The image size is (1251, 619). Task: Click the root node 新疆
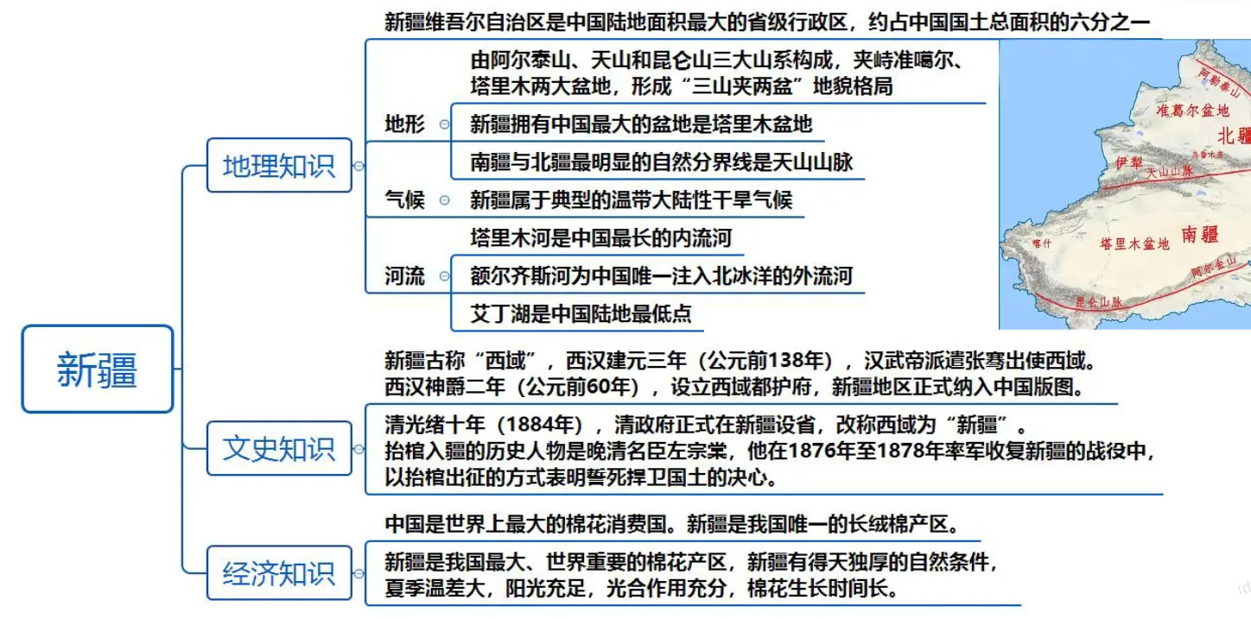pyautogui.click(x=98, y=370)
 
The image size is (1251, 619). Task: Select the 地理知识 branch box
pyautogui.click(x=279, y=165)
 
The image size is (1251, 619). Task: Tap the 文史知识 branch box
pyautogui.click(x=279, y=448)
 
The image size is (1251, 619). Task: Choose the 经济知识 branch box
pyautogui.click(x=279, y=573)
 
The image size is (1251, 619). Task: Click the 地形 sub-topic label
pyautogui.click(x=404, y=124)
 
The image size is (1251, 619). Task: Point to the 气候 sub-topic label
pyautogui.click(x=404, y=200)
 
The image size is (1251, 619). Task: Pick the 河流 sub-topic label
pyautogui.click(x=404, y=276)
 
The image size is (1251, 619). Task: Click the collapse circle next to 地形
pyautogui.click(x=444, y=124)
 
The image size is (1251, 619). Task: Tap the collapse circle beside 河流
pyautogui.click(x=444, y=276)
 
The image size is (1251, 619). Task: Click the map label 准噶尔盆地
pyautogui.click(x=1192, y=111)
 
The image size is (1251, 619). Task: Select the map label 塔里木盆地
pyautogui.click(x=1134, y=244)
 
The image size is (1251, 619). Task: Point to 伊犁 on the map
pyautogui.click(x=1128, y=163)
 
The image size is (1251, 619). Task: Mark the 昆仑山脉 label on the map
pyautogui.click(x=1097, y=302)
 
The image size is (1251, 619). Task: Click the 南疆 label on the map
pyautogui.click(x=1199, y=234)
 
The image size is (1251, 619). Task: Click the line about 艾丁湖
pyautogui.click(x=581, y=313)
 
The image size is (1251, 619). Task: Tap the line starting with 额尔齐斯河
pyautogui.click(x=661, y=275)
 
